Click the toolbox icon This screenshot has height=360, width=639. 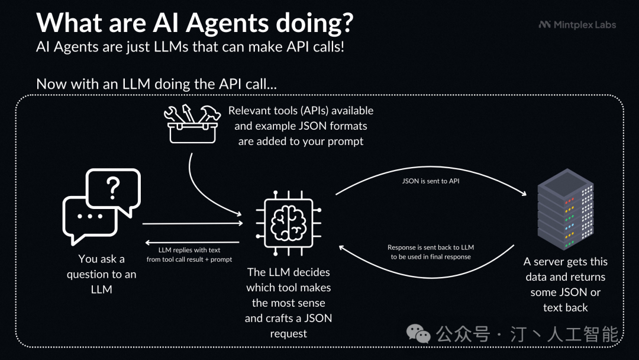click(193, 124)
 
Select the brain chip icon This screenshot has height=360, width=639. click(289, 223)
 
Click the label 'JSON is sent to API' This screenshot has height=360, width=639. click(430, 181)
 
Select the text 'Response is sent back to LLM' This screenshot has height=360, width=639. click(430, 247)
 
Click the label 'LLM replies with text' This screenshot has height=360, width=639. click(189, 250)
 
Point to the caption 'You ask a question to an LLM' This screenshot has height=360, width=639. click(101, 274)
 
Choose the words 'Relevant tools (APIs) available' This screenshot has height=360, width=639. click(301, 111)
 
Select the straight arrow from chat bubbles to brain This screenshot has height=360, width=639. click(192, 223)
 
